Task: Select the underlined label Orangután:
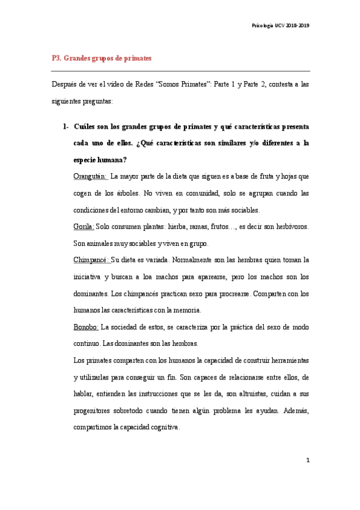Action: coord(90,176)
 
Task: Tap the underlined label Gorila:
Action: coord(84,227)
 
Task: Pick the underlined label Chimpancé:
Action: coord(91,260)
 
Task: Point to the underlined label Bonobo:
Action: coord(87,327)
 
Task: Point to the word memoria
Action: coord(186,310)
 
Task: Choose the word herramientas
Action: coord(285,360)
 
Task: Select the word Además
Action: coord(294,411)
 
